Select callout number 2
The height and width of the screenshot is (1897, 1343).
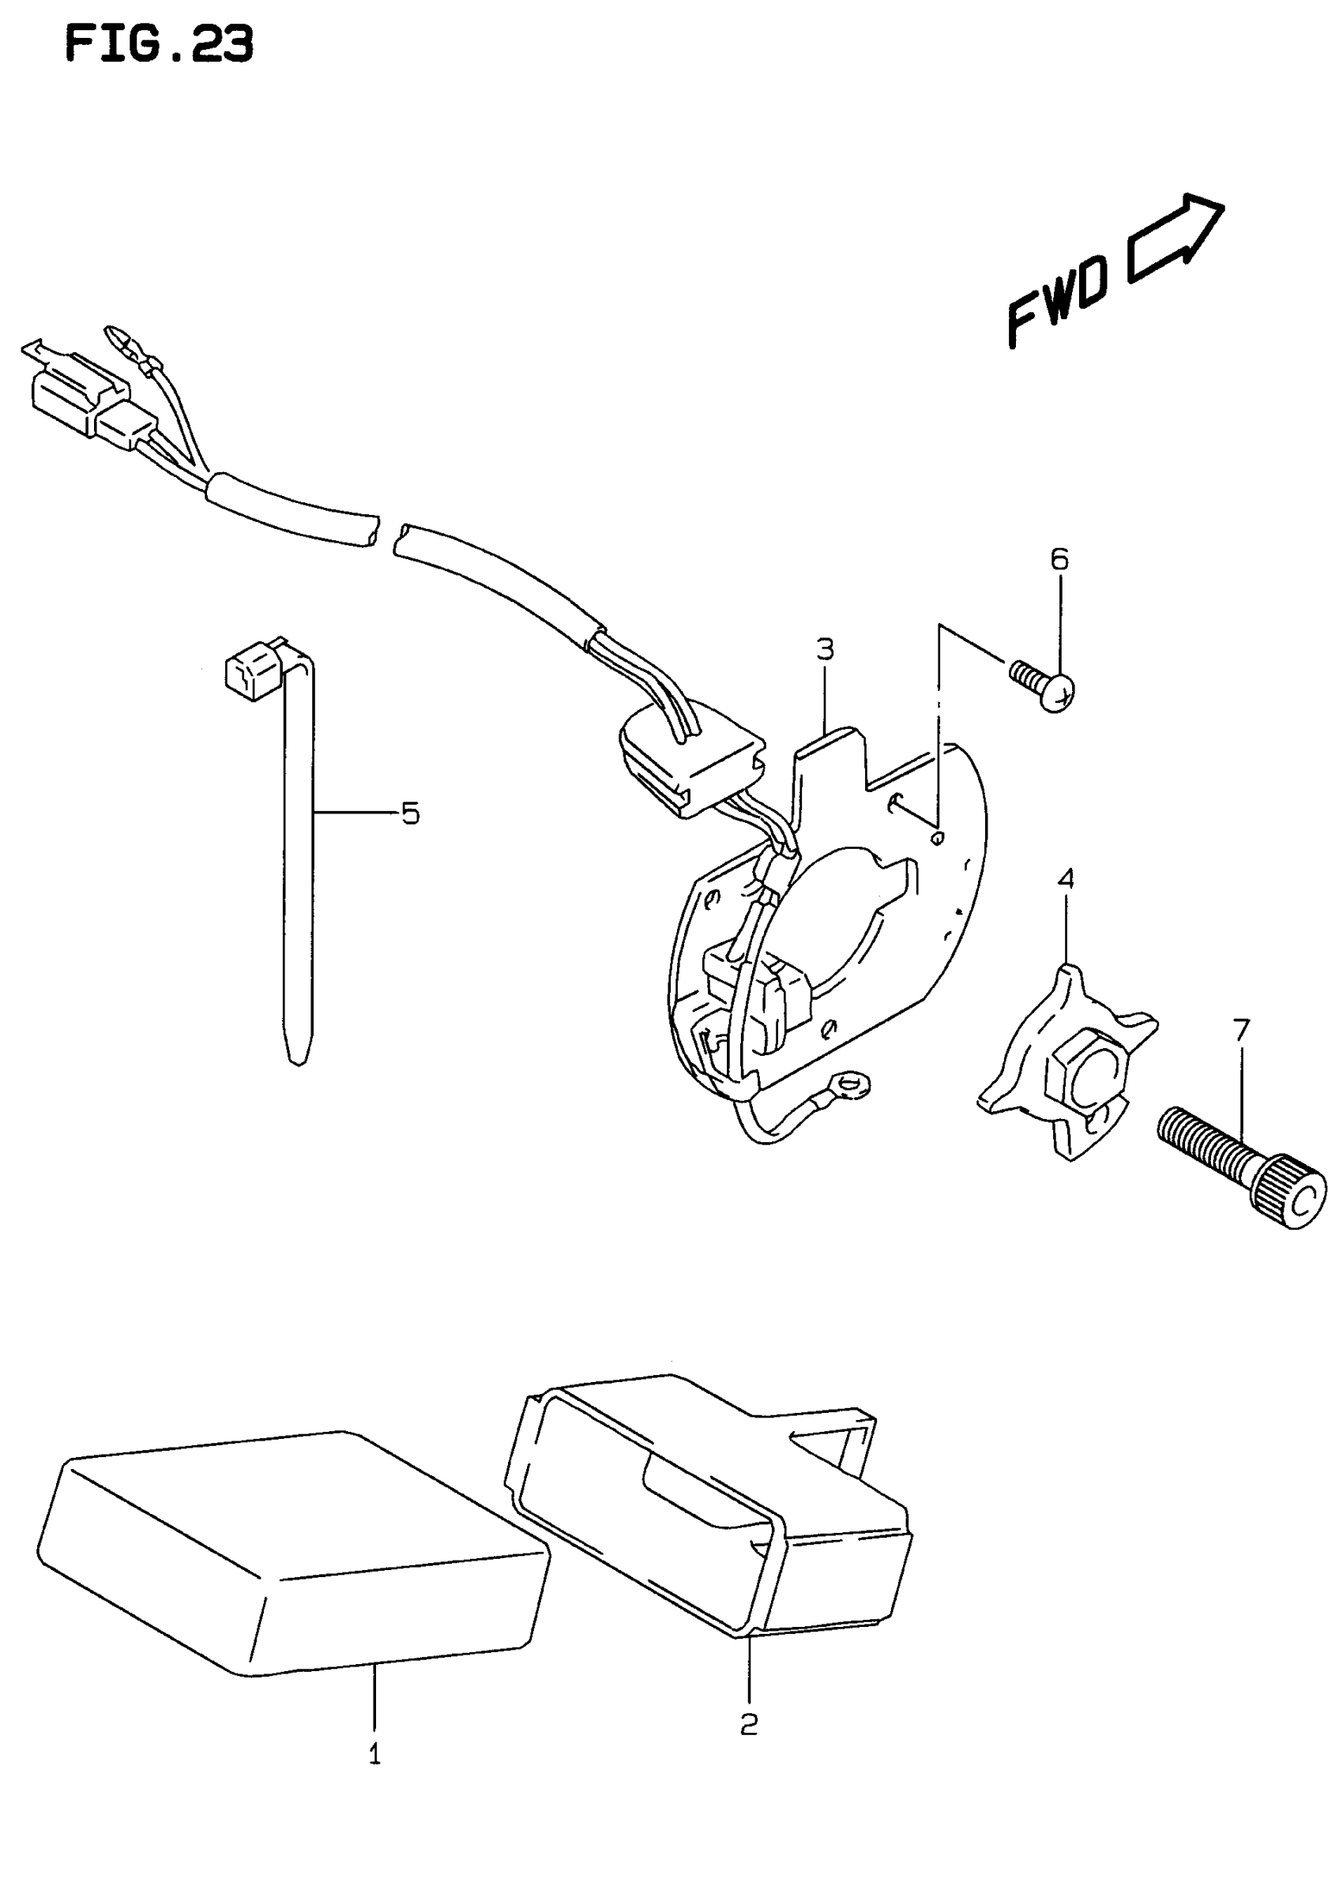748,1723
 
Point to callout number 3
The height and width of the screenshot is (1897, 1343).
825,650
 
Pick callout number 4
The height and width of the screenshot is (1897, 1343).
1066,878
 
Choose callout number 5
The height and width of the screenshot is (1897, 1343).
410,813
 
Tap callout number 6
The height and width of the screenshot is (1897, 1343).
1059,560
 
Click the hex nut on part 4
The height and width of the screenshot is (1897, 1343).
1085,1079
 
